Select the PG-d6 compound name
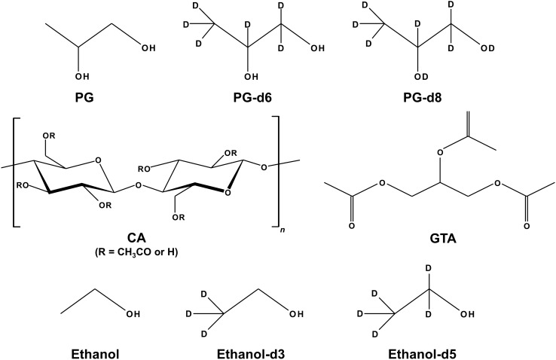(249, 97)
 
